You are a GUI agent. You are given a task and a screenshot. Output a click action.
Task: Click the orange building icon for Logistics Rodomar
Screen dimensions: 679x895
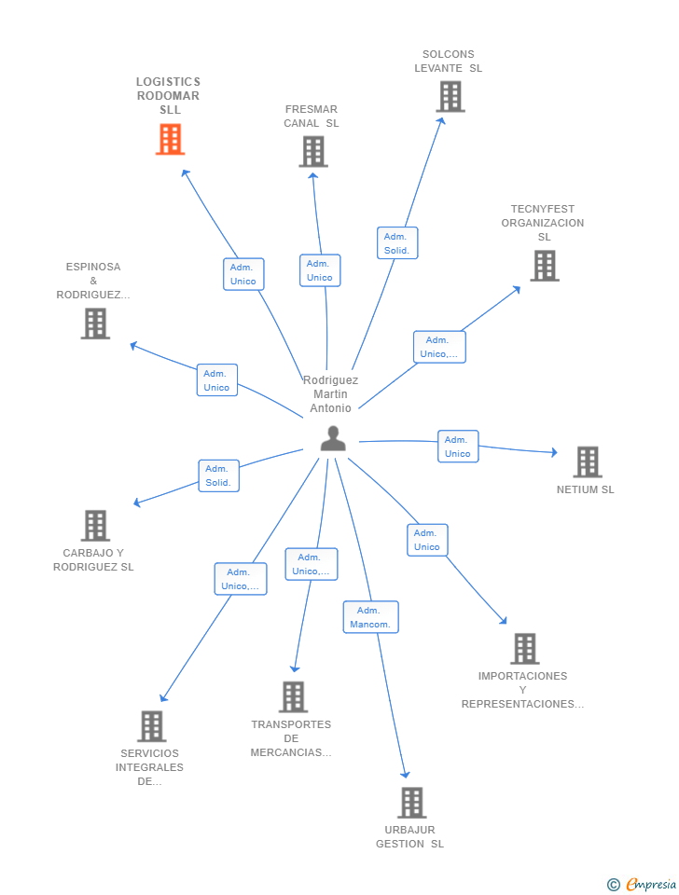[x=170, y=139]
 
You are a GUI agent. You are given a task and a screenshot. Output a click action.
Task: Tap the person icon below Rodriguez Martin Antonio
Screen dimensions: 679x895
[x=333, y=438]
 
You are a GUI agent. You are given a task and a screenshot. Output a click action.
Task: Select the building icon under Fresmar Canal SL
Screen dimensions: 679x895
[x=313, y=151]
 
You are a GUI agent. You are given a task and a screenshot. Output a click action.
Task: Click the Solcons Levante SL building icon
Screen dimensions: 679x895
[x=450, y=96]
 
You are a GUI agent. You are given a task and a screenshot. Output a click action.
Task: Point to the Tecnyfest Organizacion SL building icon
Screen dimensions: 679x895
[x=545, y=266]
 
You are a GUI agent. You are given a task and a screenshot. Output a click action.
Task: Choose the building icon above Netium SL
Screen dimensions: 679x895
[x=588, y=461]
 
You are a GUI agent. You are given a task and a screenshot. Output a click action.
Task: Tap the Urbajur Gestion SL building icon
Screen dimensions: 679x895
[x=411, y=803]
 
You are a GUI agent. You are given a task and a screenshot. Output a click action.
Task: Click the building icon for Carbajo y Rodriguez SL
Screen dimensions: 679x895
[x=95, y=525]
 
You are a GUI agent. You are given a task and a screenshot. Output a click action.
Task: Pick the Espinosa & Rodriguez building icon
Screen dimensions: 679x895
[x=95, y=324]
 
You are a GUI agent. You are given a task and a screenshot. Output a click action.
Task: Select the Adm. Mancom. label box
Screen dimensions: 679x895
[x=370, y=617]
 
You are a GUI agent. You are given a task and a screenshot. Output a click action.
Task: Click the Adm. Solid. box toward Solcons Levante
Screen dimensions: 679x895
[x=397, y=243]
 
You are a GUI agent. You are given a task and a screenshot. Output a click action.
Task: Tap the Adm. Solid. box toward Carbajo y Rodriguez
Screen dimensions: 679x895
[x=218, y=475]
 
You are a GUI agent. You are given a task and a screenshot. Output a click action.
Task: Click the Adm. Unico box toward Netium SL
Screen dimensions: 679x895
[x=458, y=447]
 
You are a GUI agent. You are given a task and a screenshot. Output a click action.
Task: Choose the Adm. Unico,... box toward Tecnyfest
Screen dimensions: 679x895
[x=439, y=347]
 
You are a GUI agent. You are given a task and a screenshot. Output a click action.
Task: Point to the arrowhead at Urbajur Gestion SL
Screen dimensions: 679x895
[x=406, y=774]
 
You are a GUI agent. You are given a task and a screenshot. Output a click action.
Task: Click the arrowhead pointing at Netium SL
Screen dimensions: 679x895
[x=554, y=452]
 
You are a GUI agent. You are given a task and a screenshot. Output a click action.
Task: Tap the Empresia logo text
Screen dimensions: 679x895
[x=651, y=884]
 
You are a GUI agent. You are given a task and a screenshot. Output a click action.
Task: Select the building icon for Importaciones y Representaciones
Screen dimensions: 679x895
[x=525, y=649]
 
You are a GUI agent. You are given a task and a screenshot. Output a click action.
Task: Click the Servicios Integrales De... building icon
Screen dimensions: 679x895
[x=152, y=726]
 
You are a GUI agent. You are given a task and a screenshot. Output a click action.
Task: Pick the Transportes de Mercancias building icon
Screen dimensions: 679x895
[x=293, y=697]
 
